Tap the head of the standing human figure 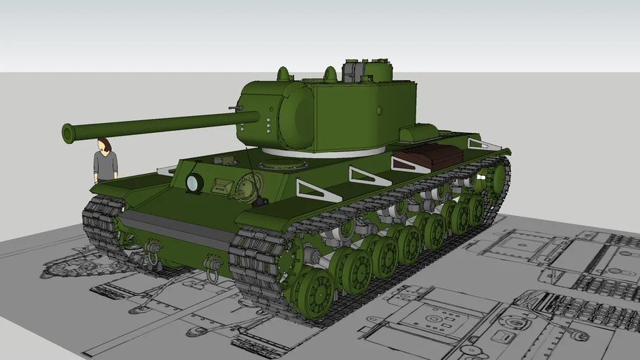(x=105, y=144)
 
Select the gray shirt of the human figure (x=105, y=165)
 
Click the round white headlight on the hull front (x=193, y=184)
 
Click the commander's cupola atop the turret (x=367, y=71)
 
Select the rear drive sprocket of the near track (x=498, y=179)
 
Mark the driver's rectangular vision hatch (x=222, y=186)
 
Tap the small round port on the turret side (x=379, y=110)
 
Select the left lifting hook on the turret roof (x=283, y=73)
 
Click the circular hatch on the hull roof (x=283, y=165)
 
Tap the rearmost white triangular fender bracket (x=484, y=145)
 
